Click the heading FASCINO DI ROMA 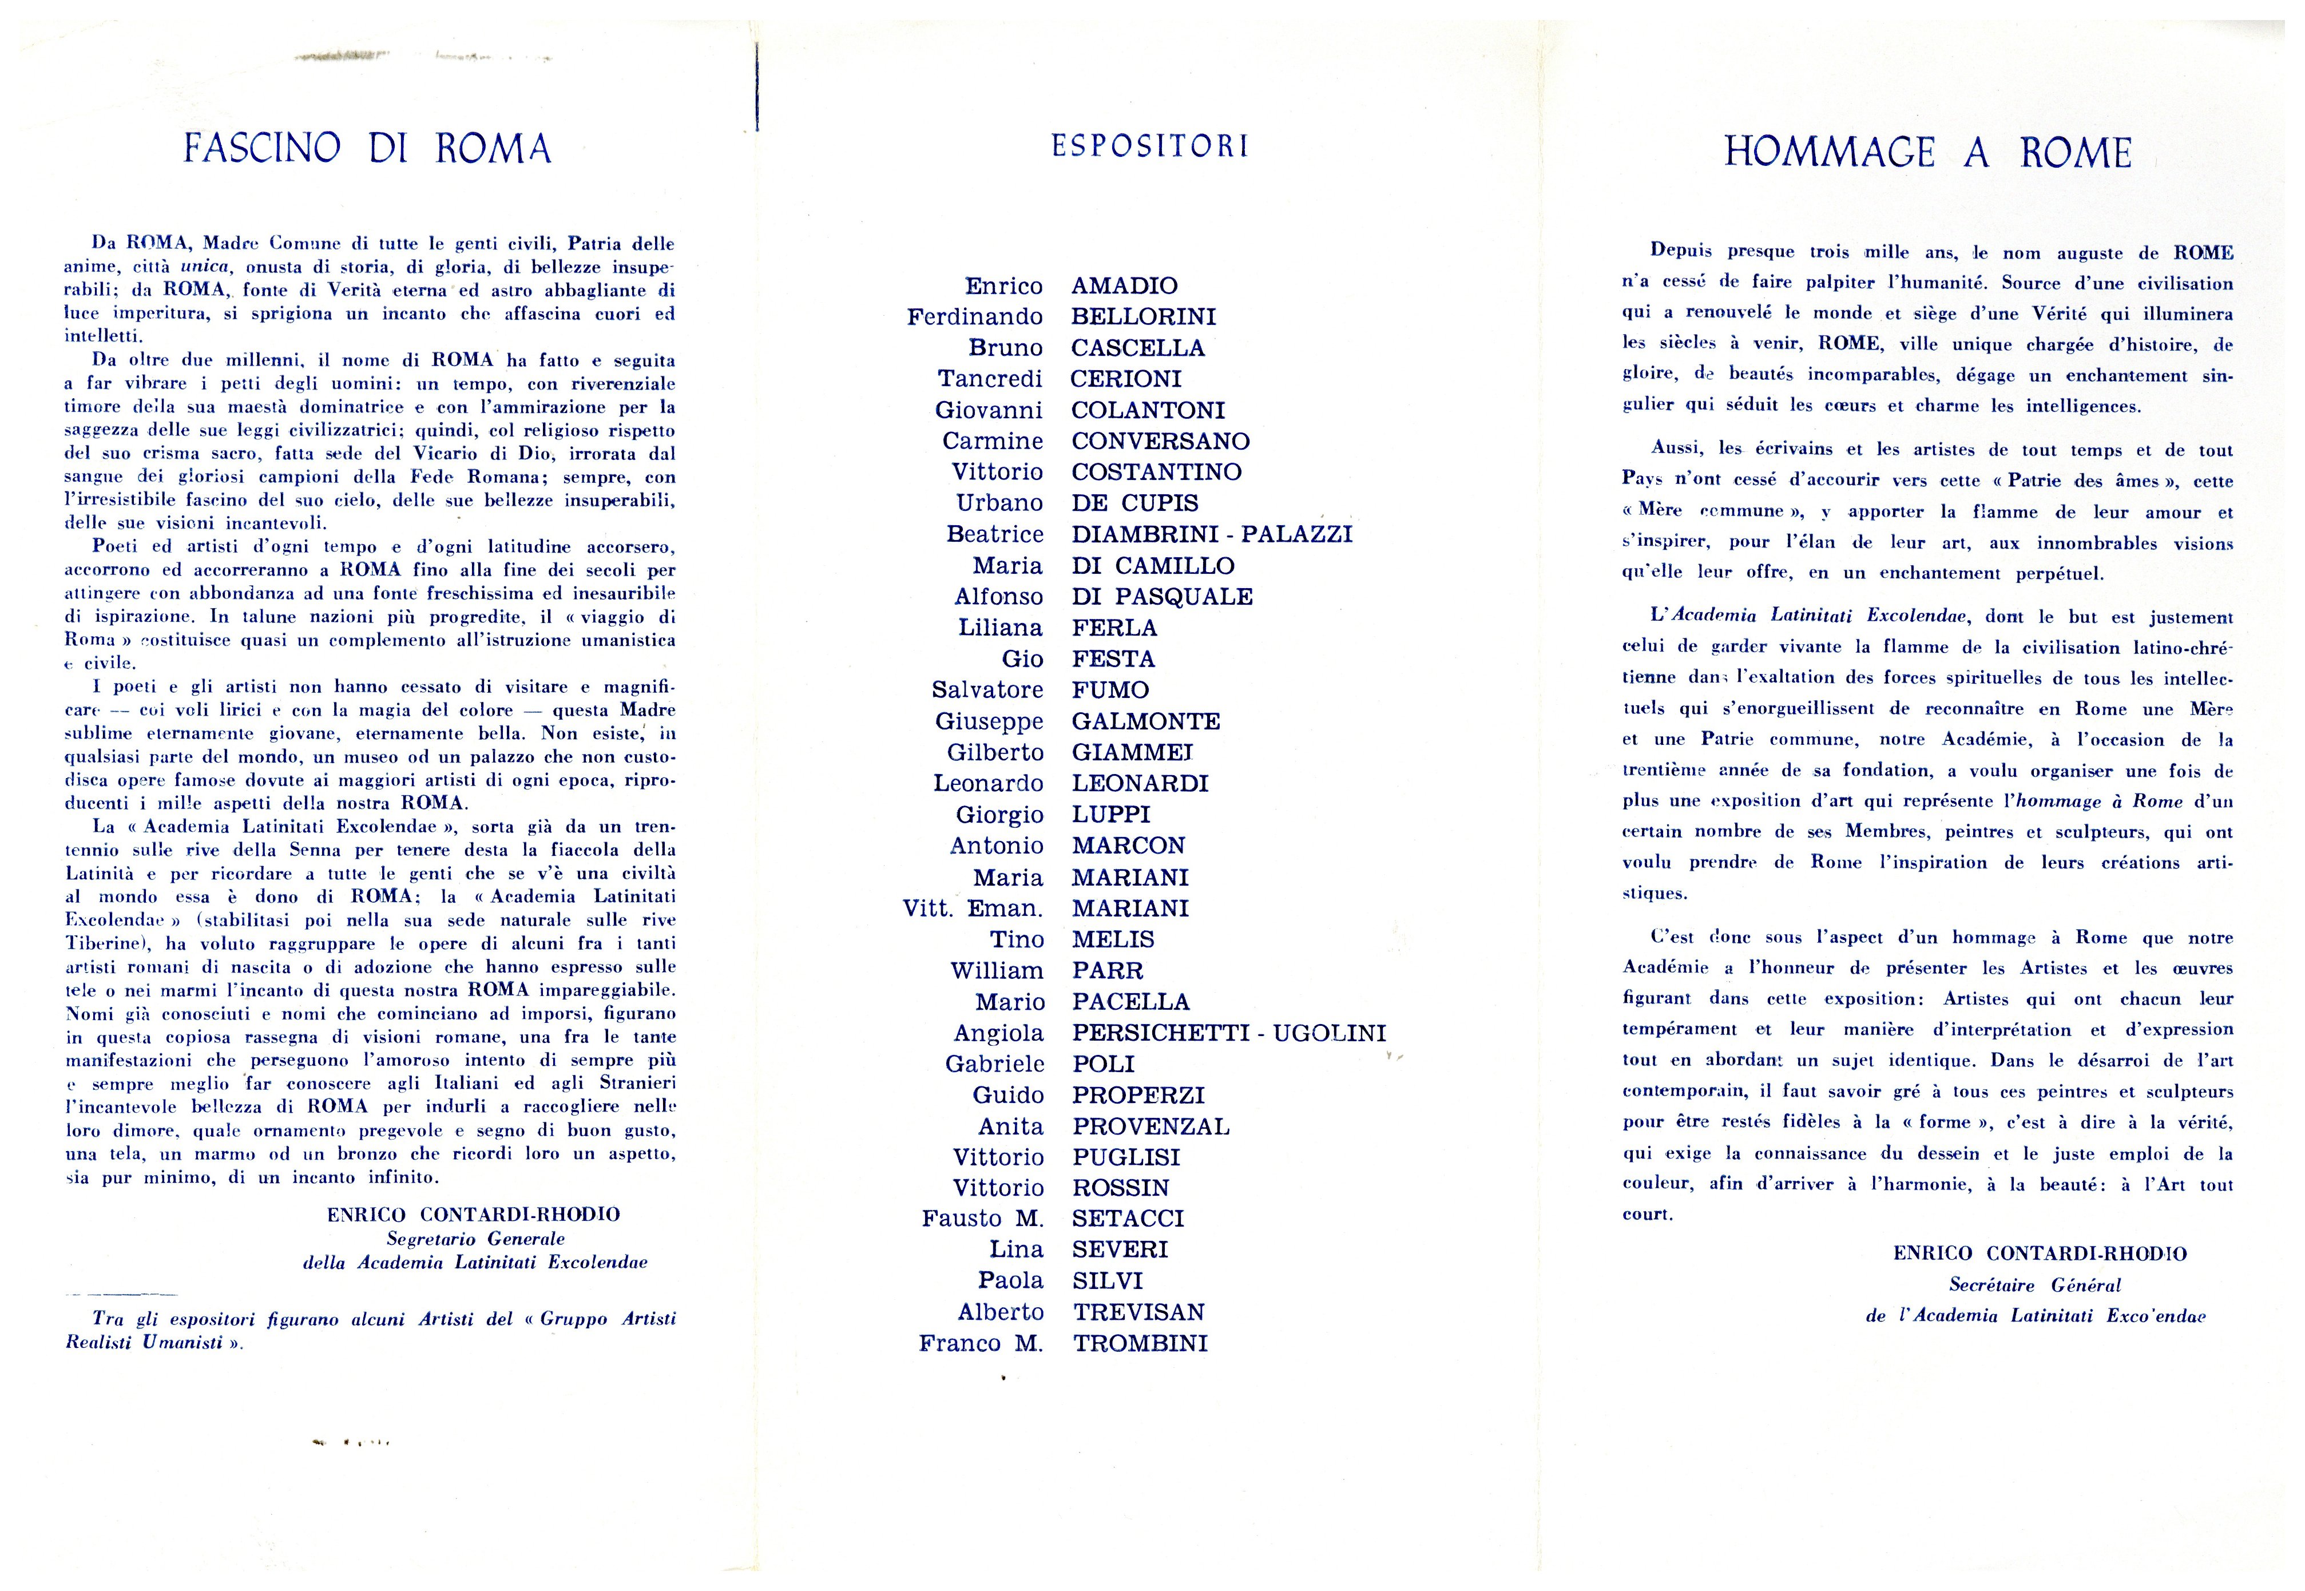367,149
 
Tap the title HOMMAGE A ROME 1927,153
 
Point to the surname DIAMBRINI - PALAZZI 1211,534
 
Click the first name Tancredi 989,379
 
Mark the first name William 996,971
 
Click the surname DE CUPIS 1134,503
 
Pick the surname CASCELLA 1137,348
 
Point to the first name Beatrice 994,534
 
